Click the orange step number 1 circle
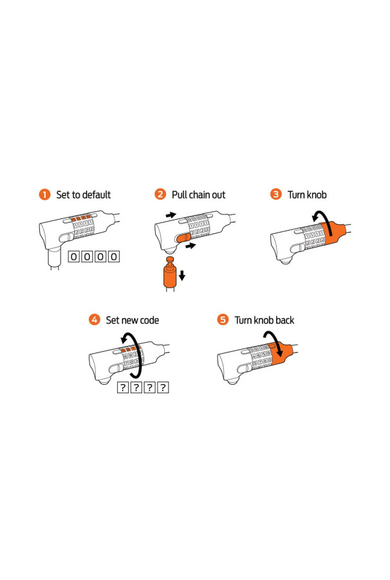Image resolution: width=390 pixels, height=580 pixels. (44, 194)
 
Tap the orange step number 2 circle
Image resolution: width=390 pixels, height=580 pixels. (160, 194)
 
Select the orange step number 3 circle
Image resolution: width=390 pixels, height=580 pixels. (276, 194)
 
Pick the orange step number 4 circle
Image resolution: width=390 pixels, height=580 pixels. (95, 320)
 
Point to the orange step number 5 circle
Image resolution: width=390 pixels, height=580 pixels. (223, 320)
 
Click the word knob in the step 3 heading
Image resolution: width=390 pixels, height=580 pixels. (317, 195)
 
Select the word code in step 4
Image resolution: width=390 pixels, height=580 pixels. (149, 320)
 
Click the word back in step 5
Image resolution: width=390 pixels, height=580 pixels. (284, 320)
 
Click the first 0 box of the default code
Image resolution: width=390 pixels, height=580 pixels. (74, 256)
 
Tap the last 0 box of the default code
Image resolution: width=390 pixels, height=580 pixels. (114, 256)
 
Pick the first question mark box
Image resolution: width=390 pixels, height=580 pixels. (123, 387)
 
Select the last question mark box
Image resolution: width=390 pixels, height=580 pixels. (163, 387)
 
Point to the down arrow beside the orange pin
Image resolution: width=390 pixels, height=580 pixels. (181, 275)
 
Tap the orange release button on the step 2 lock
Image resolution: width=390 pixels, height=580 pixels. (183, 237)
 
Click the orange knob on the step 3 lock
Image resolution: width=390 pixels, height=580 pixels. (333, 232)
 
